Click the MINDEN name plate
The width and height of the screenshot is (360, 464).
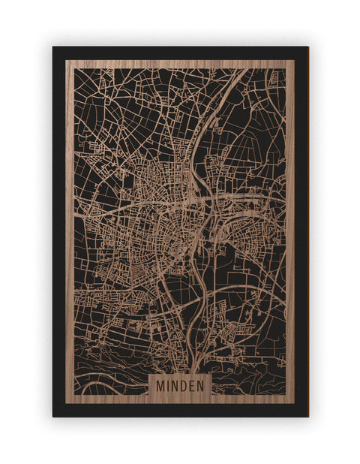click(181, 384)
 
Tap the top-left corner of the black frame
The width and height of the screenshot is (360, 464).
click(53, 47)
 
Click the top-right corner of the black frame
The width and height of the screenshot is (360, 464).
click(307, 47)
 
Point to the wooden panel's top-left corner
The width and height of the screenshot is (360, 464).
click(66, 61)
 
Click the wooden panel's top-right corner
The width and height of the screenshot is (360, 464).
click(294, 61)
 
